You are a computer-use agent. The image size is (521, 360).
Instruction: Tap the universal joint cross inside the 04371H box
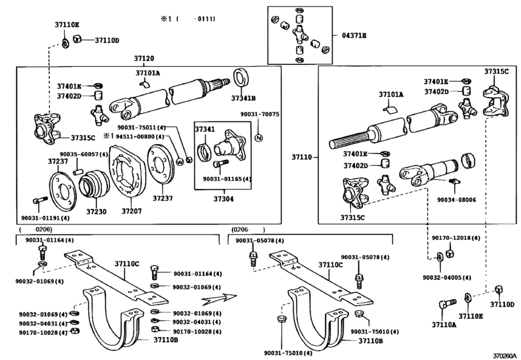pos(299,34)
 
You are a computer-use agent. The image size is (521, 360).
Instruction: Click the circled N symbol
pos(259,138)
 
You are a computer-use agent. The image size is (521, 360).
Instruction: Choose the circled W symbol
pos(180,161)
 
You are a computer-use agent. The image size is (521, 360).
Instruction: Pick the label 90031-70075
pos(260,114)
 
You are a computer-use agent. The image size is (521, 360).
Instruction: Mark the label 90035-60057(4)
pos(84,154)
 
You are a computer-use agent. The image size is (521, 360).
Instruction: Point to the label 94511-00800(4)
pos(141,137)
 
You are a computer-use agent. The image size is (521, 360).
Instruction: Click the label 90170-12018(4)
pos(456,238)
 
